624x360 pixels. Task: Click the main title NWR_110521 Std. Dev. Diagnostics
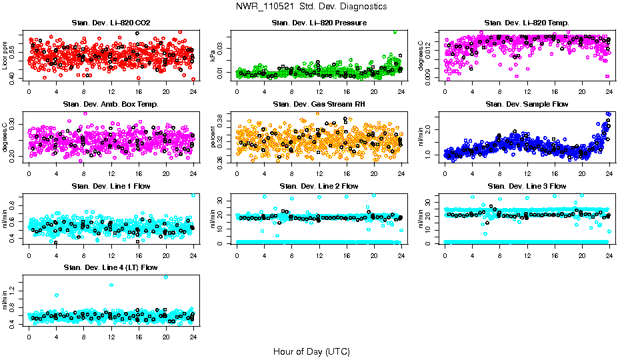(x=311, y=7)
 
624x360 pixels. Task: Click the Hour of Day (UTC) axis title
(x=311, y=351)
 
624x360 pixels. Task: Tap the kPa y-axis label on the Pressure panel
(x=213, y=56)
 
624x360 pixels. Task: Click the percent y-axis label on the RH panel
(x=213, y=137)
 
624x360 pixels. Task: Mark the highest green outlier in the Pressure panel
(x=395, y=31)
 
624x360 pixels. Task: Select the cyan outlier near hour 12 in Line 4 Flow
(x=111, y=285)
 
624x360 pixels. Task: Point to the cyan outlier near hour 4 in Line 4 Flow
(x=57, y=295)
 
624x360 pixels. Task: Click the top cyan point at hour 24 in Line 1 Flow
(x=193, y=195)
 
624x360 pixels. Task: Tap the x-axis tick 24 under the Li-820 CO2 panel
(x=193, y=91)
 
